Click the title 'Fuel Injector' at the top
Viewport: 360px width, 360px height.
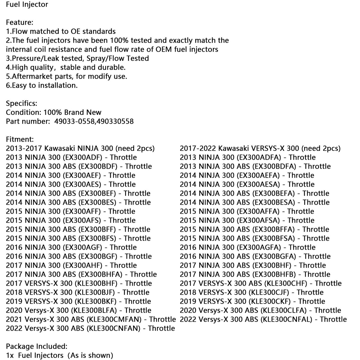click(27, 4)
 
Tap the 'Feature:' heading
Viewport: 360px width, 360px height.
click(19, 22)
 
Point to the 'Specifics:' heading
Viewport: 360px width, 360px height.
click(22, 103)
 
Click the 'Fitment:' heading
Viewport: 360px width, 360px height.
click(20, 139)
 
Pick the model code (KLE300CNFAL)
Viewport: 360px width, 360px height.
click(287, 319)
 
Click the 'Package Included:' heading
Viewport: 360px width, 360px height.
click(37, 346)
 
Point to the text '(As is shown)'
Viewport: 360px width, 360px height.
click(90, 355)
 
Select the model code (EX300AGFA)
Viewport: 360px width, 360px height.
click(259, 247)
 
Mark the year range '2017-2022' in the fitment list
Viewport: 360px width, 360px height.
click(198, 148)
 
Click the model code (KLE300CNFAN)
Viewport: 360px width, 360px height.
click(114, 328)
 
